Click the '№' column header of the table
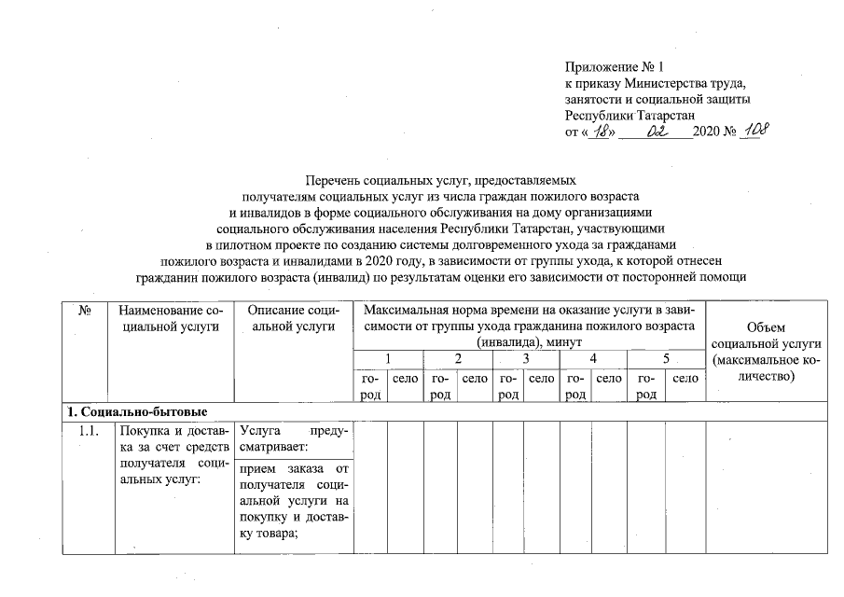[x=83, y=310]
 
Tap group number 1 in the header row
[x=388, y=359]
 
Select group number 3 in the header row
[x=526, y=359]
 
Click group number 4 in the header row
[x=594, y=359]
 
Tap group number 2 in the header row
[x=457, y=359]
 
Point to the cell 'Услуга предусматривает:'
[x=293, y=439]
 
